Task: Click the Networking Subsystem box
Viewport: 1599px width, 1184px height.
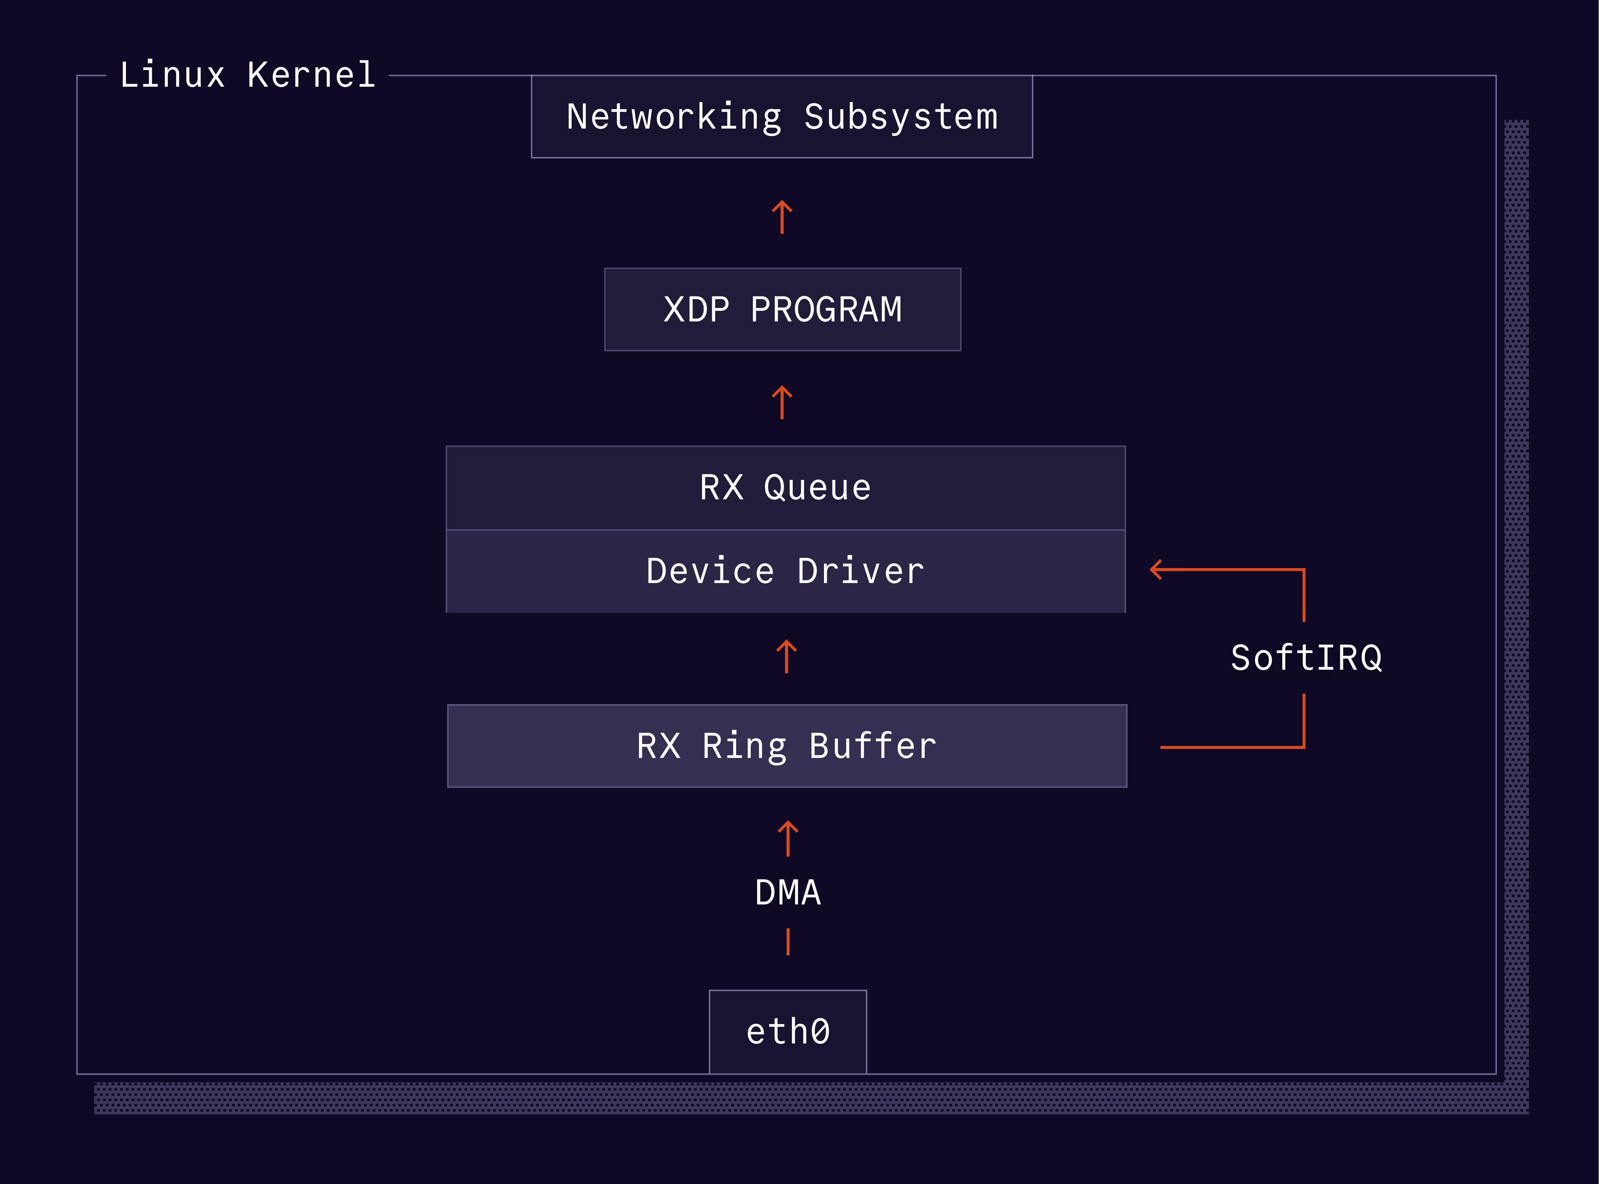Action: (x=782, y=116)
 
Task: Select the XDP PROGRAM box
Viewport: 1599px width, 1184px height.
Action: (x=782, y=309)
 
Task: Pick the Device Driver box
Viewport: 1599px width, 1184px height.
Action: (x=785, y=571)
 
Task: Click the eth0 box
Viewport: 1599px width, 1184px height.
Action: (x=787, y=1032)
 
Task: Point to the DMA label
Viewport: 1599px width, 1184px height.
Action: (x=787, y=893)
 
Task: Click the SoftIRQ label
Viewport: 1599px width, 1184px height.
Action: (x=1306, y=658)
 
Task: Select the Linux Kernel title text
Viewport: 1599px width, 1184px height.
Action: (x=247, y=74)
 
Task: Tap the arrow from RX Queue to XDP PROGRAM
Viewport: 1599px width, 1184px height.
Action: (x=782, y=402)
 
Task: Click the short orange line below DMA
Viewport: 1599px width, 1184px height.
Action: (x=787, y=942)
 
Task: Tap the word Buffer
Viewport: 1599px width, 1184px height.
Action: (x=873, y=746)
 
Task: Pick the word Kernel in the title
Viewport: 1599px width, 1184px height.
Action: (x=311, y=74)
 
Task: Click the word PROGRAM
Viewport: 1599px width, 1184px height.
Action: (x=826, y=309)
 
